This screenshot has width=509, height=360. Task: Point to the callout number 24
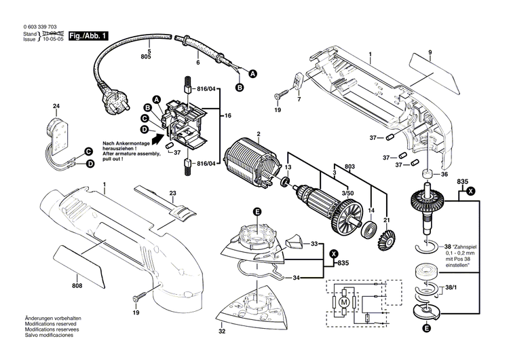[x=56, y=107]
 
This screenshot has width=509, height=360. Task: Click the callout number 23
[x=172, y=194]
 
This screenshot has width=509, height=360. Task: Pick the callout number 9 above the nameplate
[x=430, y=53]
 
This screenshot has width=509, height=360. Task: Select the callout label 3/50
[x=346, y=194]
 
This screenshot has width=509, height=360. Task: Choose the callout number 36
[x=445, y=174]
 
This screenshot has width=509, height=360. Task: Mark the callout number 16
[x=228, y=116]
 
